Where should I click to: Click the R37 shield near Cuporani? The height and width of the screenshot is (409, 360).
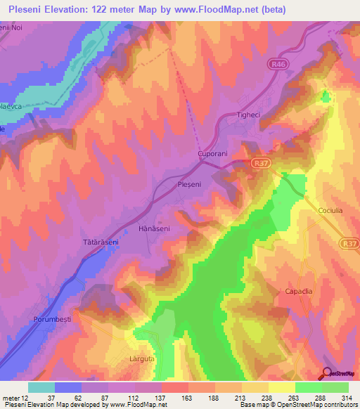click(x=260, y=162)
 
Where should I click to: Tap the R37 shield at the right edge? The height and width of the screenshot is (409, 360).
click(x=349, y=243)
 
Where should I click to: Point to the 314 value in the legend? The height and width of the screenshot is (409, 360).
click(x=347, y=397)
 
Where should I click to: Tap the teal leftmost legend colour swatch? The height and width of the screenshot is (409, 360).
click(x=41, y=387)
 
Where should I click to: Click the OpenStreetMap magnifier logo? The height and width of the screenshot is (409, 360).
click(x=328, y=374)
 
